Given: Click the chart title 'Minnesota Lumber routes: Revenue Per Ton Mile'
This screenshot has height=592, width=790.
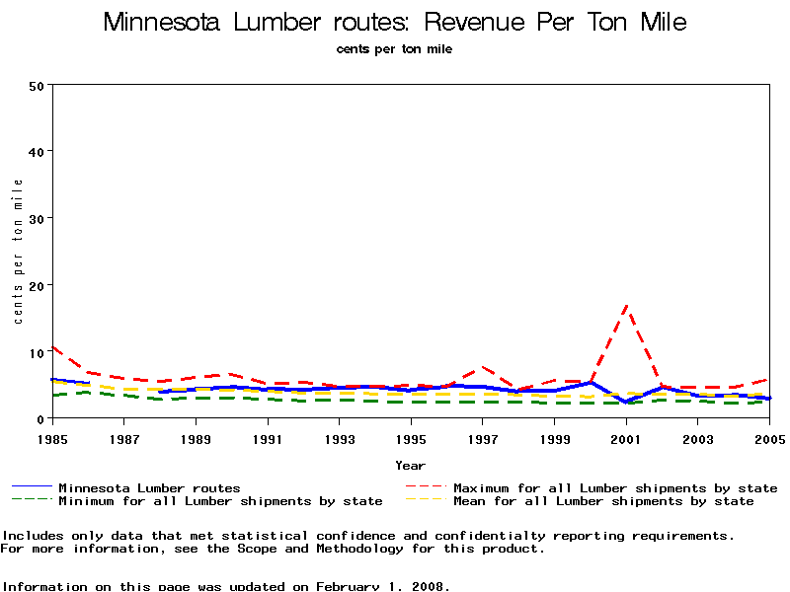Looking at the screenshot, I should (x=395, y=23).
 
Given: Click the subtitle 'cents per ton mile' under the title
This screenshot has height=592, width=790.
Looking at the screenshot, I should (x=394, y=49).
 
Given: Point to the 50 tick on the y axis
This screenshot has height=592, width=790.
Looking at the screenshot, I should (x=37, y=85).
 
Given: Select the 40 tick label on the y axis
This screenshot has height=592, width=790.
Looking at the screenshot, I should (x=37, y=151).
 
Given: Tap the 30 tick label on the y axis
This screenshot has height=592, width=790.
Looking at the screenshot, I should (x=37, y=218).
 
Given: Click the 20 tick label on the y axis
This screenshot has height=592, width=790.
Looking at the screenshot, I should (x=37, y=285).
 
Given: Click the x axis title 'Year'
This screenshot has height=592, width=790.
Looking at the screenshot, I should (x=410, y=465).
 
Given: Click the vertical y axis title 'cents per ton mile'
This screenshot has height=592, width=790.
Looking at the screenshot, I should (x=18, y=252).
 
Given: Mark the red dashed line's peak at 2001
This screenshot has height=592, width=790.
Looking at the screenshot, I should (x=626, y=307).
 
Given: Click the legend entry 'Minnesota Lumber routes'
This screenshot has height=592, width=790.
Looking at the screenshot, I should (x=149, y=487).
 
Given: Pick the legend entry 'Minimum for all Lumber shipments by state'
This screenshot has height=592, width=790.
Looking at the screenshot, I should (x=220, y=501).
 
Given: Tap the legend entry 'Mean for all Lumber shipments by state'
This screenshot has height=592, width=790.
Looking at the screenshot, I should (x=603, y=501).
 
